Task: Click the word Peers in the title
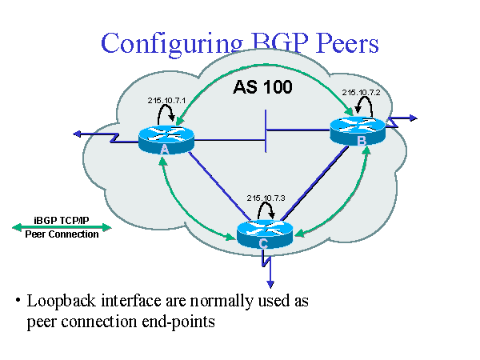(x=345, y=44)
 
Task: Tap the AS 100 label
(x=262, y=87)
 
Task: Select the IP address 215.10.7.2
(x=361, y=93)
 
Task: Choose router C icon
(x=265, y=234)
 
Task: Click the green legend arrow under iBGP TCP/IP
(x=62, y=227)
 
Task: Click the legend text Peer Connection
(x=62, y=235)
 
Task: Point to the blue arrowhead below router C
(x=270, y=282)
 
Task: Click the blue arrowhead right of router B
(x=413, y=118)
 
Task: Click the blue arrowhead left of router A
(x=74, y=133)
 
